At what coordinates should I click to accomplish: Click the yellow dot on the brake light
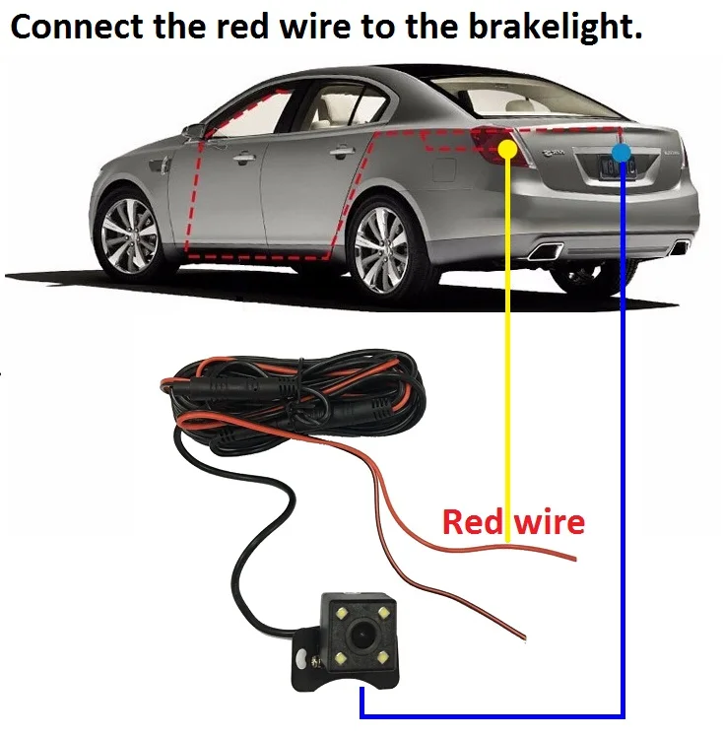(507, 149)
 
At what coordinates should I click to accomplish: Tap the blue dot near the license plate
(622, 152)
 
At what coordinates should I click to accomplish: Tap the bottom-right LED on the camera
(383, 657)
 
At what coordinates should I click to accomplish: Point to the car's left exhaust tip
(546, 251)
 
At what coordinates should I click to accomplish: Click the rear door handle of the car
(341, 153)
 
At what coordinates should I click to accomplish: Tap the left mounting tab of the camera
(299, 651)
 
